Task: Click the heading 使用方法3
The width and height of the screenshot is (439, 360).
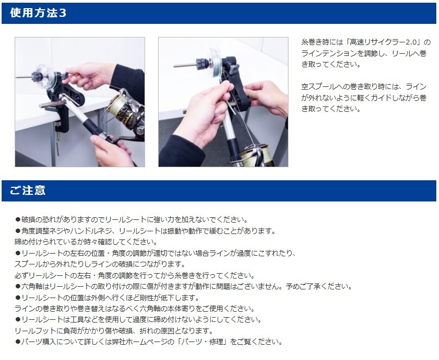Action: pyautogui.click(x=38, y=13)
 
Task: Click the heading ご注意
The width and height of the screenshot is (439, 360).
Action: pyautogui.click(x=27, y=191)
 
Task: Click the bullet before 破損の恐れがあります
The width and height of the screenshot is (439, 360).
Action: pyautogui.click(x=18, y=219)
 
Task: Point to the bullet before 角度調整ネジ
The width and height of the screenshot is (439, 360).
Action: pyautogui.click(x=18, y=231)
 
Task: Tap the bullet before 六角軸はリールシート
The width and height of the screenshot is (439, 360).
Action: pyautogui.click(x=18, y=287)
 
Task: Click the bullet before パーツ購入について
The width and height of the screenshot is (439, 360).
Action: pyautogui.click(x=18, y=342)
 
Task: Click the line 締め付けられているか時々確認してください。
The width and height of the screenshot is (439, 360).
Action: pyautogui.click(x=86, y=242)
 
